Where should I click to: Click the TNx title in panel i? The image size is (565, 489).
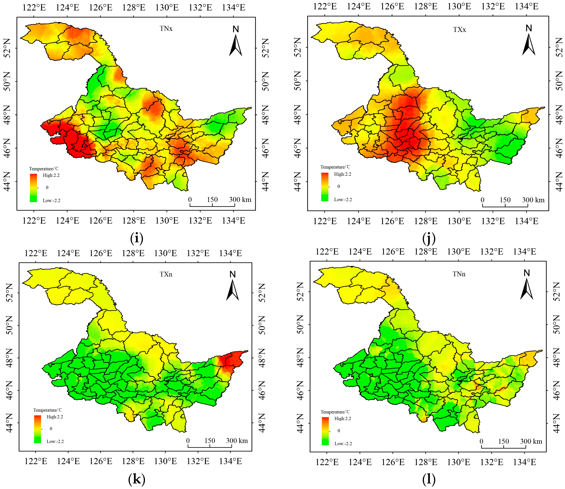[x=166, y=28]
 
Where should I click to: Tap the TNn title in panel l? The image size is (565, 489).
[x=459, y=274]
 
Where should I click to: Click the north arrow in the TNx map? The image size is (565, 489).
[x=235, y=42]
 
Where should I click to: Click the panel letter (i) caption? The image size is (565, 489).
[x=137, y=238]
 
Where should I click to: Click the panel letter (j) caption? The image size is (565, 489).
[x=428, y=238]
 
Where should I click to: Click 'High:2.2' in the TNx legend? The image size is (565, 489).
[x=51, y=175]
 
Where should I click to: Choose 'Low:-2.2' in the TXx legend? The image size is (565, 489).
[x=343, y=200]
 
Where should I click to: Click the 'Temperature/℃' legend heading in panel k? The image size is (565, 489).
[x=48, y=410]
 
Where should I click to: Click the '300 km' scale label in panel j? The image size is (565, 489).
[x=533, y=200]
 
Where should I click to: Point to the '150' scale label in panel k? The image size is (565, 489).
[x=210, y=441]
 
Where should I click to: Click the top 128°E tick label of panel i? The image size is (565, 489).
[x=134, y=7]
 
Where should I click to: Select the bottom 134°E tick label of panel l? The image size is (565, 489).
[x=524, y=462]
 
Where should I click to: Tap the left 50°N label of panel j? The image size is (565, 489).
[x=298, y=81]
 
